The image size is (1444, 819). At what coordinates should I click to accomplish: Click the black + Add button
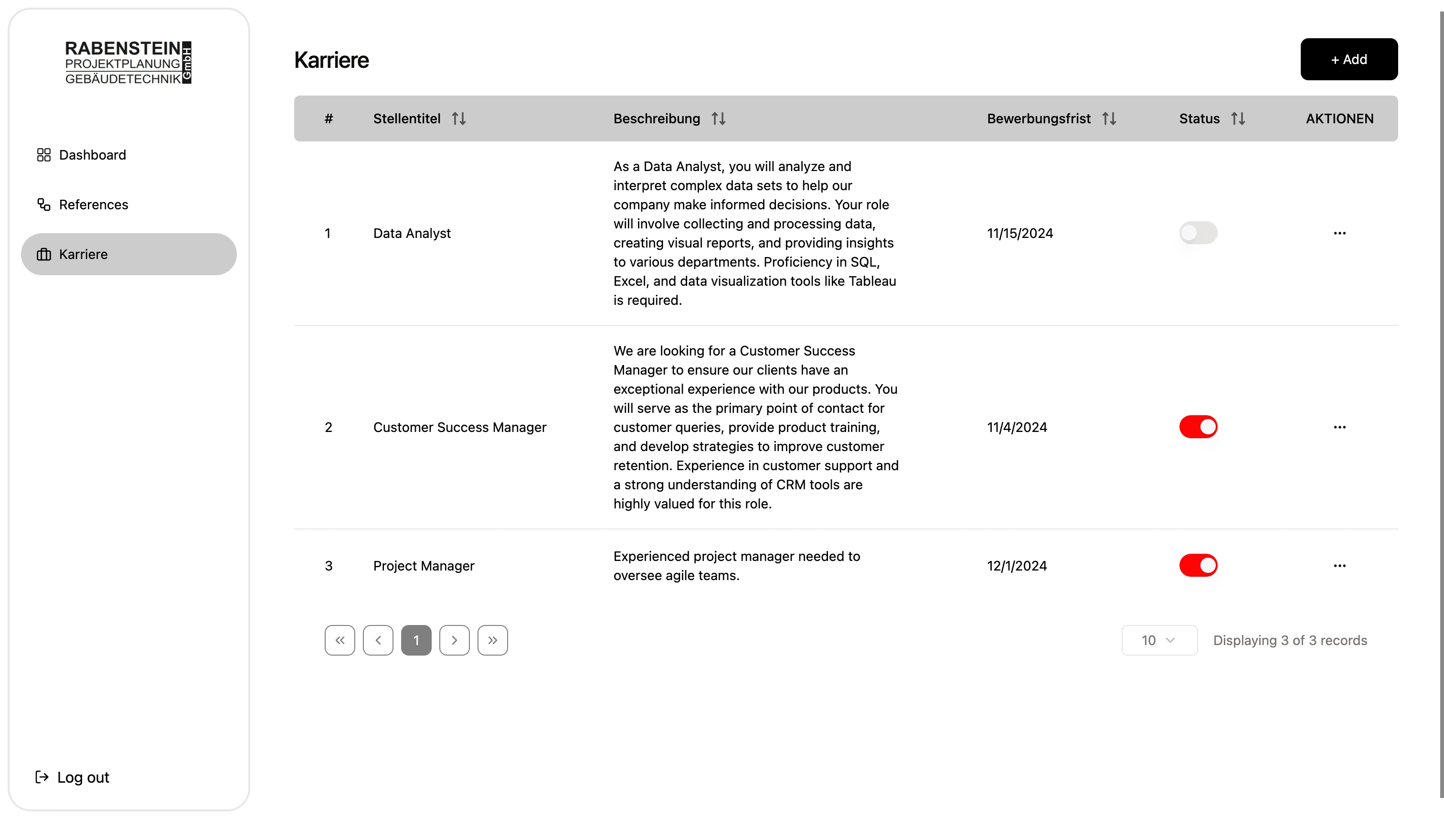1348,59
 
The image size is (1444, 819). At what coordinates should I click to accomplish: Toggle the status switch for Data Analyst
1197,233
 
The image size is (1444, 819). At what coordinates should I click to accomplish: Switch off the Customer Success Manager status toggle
1197,427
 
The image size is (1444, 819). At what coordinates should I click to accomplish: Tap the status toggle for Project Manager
1197,565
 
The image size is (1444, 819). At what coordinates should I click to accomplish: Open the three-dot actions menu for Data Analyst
1339,233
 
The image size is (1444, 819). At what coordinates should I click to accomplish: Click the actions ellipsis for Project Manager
1339,565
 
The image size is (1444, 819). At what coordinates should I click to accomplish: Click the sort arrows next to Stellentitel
459,119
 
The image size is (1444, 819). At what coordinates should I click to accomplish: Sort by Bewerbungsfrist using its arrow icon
1108,119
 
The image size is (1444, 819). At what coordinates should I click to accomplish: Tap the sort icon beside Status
1238,119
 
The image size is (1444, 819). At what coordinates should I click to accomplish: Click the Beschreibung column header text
656,119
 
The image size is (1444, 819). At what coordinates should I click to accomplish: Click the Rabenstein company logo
128,63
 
